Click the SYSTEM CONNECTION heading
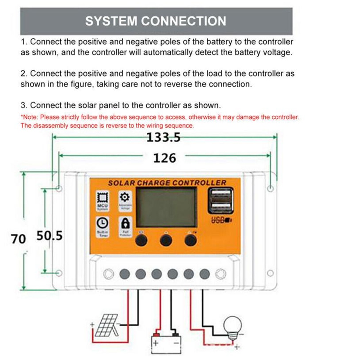click(x=156, y=21)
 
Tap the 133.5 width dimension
click(x=163, y=137)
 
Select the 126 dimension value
click(x=165, y=158)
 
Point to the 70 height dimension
click(x=18, y=238)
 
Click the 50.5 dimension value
click(x=50, y=236)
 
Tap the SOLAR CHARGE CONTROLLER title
click(x=167, y=183)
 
